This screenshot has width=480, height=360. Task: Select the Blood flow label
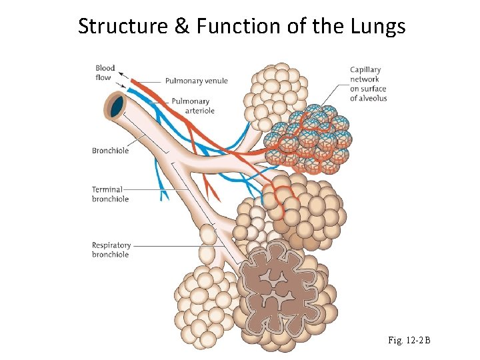pos(105,72)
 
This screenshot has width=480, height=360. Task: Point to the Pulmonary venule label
pos(197,81)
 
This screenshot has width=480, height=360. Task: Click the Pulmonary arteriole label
pos(193,106)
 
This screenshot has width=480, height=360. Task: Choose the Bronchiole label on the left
pos(110,151)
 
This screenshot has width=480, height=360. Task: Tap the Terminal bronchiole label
pos(110,194)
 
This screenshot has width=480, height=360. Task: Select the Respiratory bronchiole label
pos(111,250)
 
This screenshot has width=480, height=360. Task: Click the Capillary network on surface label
pos(368,84)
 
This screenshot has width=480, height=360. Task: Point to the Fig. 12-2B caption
pos(409,341)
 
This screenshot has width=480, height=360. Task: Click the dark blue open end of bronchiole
pos(118,105)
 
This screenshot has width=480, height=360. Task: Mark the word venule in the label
pos(215,81)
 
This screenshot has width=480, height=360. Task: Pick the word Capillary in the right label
pos(365,69)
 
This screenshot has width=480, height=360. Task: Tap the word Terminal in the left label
pos(107,189)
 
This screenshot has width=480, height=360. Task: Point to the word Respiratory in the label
pos(111,245)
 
